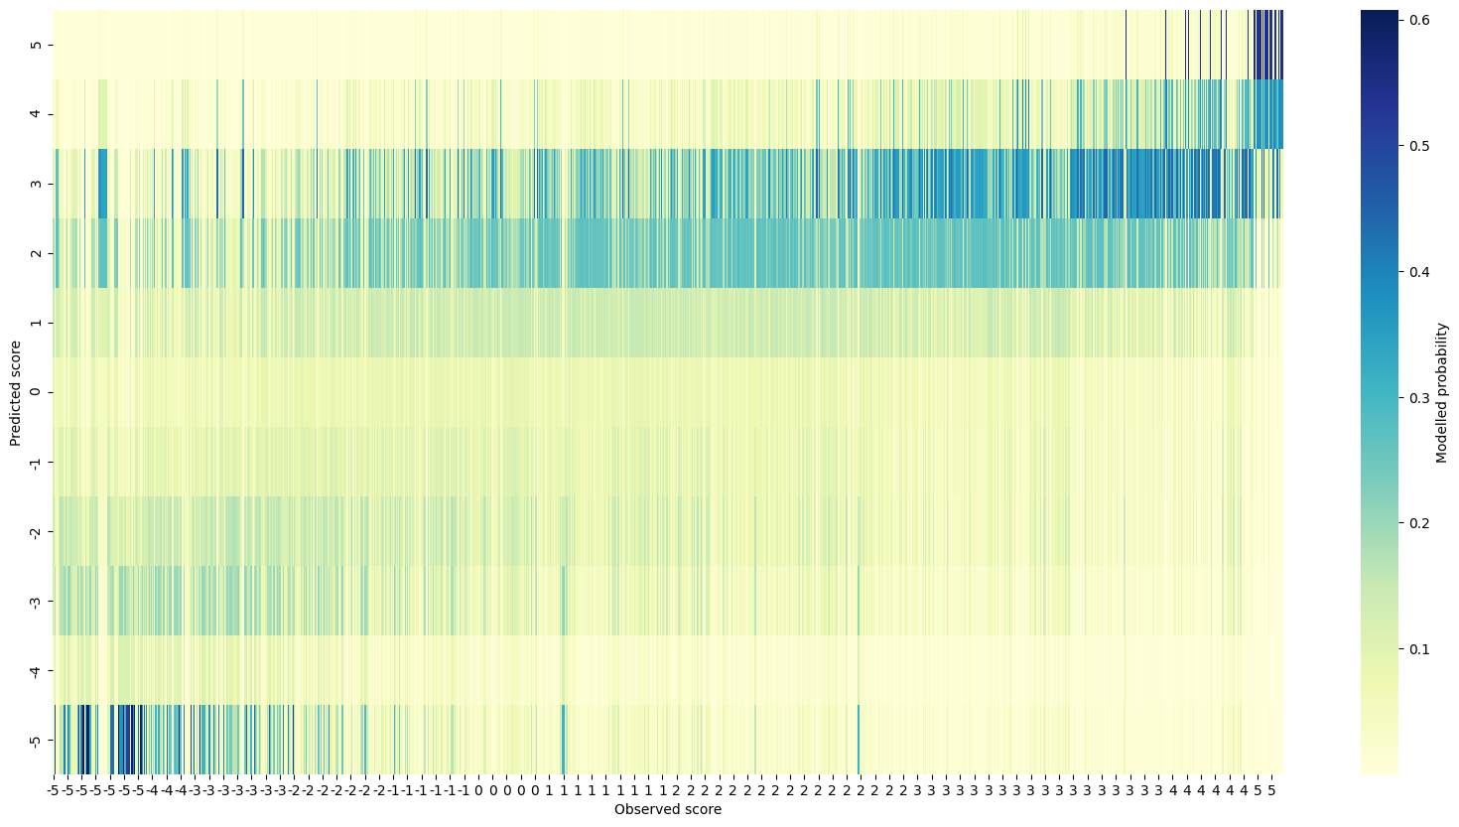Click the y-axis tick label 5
coord(36,45)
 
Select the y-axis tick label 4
coord(36,114)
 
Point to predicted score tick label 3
coord(36,184)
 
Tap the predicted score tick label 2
coord(36,253)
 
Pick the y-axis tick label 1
coord(36,323)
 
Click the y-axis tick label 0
coord(36,392)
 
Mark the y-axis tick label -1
coord(36,462)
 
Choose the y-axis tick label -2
coord(36,531)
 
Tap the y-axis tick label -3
coord(36,601)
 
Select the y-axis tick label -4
coord(36,670)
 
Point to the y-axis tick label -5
coord(36,740)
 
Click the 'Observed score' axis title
coord(667,809)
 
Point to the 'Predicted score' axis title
coord(16,393)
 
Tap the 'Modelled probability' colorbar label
coord(1441,393)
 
